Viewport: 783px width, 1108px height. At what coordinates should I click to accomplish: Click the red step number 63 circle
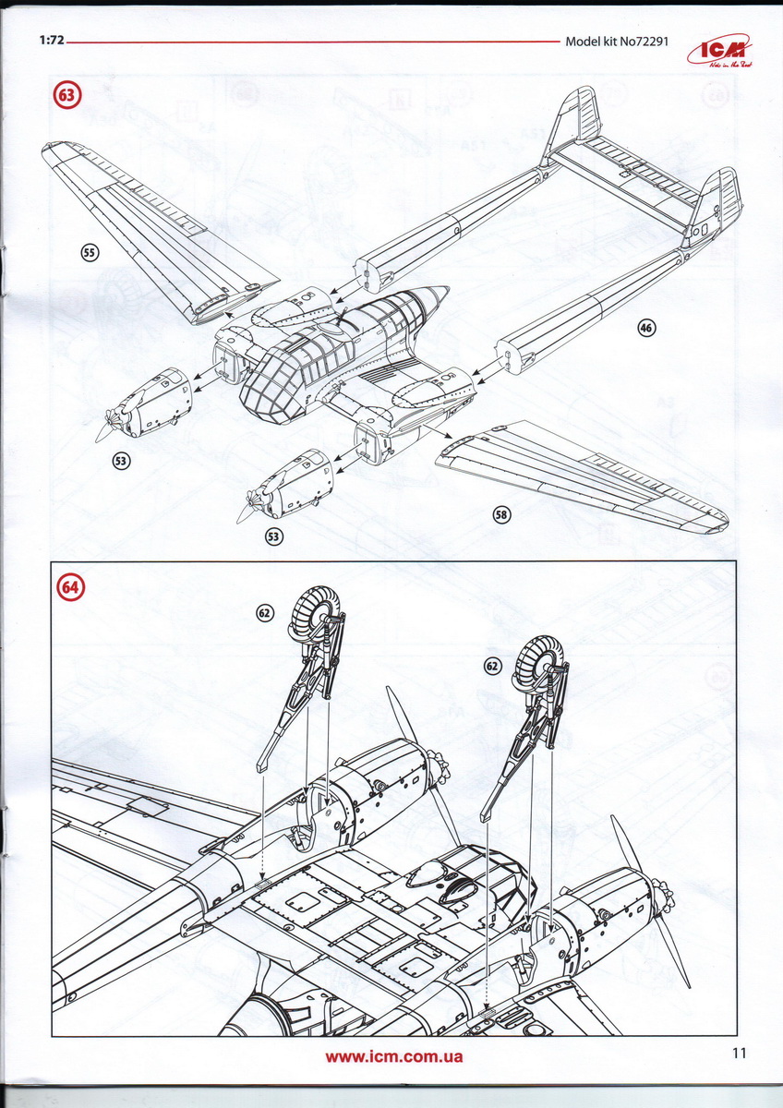(x=67, y=94)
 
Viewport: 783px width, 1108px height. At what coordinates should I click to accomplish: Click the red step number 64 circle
(x=70, y=587)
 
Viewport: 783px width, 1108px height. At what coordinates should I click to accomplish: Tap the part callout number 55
(x=90, y=252)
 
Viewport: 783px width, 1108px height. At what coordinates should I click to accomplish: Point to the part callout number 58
(x=501, y=515)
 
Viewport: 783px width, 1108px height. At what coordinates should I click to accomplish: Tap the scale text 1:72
(x=52, y=42)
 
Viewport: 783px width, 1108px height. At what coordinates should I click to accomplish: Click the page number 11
(x=737, y=1053)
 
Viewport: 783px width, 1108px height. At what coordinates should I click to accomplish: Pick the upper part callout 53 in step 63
(x=123, y=459)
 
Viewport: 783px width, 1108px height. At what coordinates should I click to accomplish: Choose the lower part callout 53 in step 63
(x=273, y=536)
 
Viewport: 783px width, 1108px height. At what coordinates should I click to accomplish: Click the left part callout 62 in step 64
(x=265, y=611)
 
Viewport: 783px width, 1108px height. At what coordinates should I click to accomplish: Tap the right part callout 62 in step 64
(x=492, y=664)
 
